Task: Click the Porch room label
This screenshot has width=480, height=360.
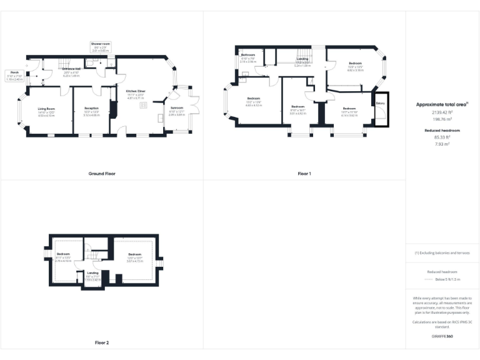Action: point(14,74)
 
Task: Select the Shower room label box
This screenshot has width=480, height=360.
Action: point(100,47)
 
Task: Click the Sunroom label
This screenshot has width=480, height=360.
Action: point(176,111)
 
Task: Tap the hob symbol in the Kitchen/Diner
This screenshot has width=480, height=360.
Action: point(143,106)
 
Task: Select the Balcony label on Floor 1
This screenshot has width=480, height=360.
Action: point(380,103)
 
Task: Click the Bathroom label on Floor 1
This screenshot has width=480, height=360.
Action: point(248,58)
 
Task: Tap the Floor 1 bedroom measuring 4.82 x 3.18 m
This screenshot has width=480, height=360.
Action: point(355,66)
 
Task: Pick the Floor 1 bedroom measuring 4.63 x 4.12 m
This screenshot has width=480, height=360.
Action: point(254,102)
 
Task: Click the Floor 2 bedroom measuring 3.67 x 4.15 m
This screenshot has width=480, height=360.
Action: point(135,256)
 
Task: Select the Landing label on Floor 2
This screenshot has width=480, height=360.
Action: point(92,276)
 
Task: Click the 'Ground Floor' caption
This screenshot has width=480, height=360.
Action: point(101,173)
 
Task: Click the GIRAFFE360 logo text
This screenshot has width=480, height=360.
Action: point(442,336)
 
